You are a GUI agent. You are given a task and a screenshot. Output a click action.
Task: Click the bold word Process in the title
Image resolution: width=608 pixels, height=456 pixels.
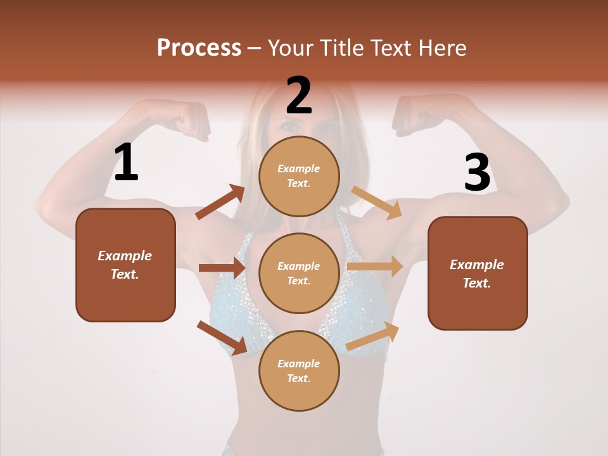click(x=199, y=47)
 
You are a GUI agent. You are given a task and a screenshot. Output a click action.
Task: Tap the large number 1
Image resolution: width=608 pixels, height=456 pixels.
click(x=126, y=162)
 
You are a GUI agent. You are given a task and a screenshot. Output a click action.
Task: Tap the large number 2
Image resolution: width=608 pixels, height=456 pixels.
click(x=299, y=95)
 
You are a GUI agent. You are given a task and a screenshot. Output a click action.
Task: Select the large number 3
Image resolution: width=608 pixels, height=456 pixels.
click(x=477, y=172)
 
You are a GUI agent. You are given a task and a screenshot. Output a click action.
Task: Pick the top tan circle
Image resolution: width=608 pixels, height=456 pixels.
click(x=299, y=176)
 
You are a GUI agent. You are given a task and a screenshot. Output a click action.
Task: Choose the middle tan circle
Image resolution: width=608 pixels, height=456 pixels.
click(x=299, y=273)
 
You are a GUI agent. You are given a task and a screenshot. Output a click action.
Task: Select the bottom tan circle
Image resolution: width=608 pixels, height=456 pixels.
click(x=299, y=370)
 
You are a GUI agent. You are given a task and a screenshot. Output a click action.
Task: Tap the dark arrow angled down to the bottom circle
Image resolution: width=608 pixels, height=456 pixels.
click(x=222, y=338)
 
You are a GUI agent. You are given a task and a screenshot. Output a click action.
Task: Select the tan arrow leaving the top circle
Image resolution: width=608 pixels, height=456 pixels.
click(x=377, y=202)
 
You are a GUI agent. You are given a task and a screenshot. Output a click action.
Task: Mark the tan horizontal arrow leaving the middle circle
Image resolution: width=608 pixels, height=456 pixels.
click(x=375, y=267)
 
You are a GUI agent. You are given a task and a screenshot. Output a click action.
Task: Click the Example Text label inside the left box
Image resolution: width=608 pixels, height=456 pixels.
click(x=125, y=265)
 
